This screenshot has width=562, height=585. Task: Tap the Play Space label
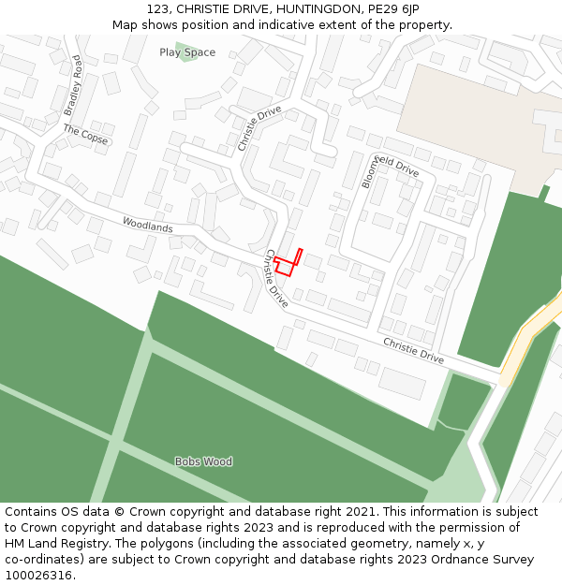(187, 52)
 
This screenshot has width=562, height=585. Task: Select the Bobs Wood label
(203, 461)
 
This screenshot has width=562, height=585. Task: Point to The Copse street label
(86, 135)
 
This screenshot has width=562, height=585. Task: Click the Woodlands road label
(147, 226)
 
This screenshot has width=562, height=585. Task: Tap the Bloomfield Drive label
(390, 168)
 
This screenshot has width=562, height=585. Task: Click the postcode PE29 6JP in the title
(393, 9)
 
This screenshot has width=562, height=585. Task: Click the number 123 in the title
(156, 9)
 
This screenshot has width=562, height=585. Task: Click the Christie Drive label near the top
(259, 128)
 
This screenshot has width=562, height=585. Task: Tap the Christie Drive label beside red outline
(276, 279)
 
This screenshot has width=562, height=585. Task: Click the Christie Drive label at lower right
(413, 350)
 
